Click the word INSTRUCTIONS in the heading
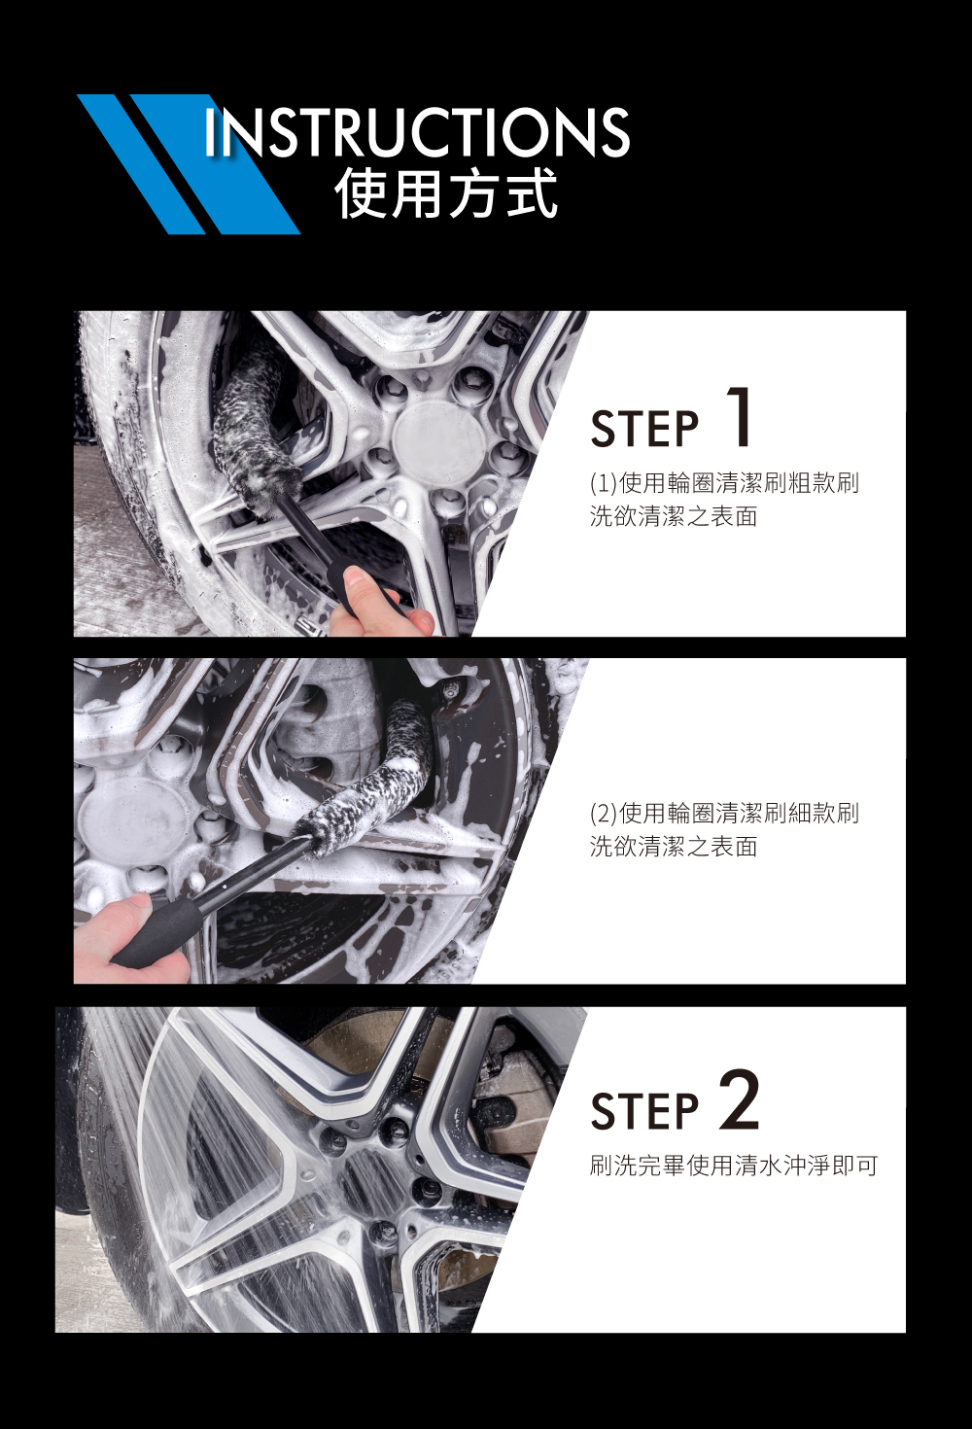pos(417,132)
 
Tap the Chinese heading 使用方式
pos(446,193)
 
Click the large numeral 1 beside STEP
pos(739,417)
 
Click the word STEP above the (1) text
pos(644,428)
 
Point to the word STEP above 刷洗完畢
pos(644,1111)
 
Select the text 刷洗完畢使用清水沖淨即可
pos(734,1166)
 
